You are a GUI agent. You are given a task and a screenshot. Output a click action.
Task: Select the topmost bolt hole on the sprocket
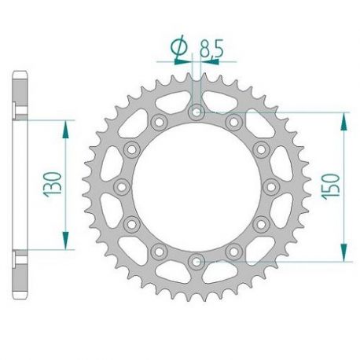(196, 112)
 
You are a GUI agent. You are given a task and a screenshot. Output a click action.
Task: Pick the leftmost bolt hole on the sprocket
(122, 186)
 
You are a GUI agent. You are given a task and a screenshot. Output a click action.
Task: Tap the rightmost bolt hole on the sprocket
(270, 186)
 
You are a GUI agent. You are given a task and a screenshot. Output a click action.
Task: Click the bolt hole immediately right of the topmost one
(233, 122)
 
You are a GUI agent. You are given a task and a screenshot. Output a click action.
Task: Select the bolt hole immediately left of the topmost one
(159, 122)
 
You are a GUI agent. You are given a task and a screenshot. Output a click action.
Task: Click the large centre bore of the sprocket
(196, 186)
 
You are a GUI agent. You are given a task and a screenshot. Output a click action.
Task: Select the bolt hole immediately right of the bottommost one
(233, 249)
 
